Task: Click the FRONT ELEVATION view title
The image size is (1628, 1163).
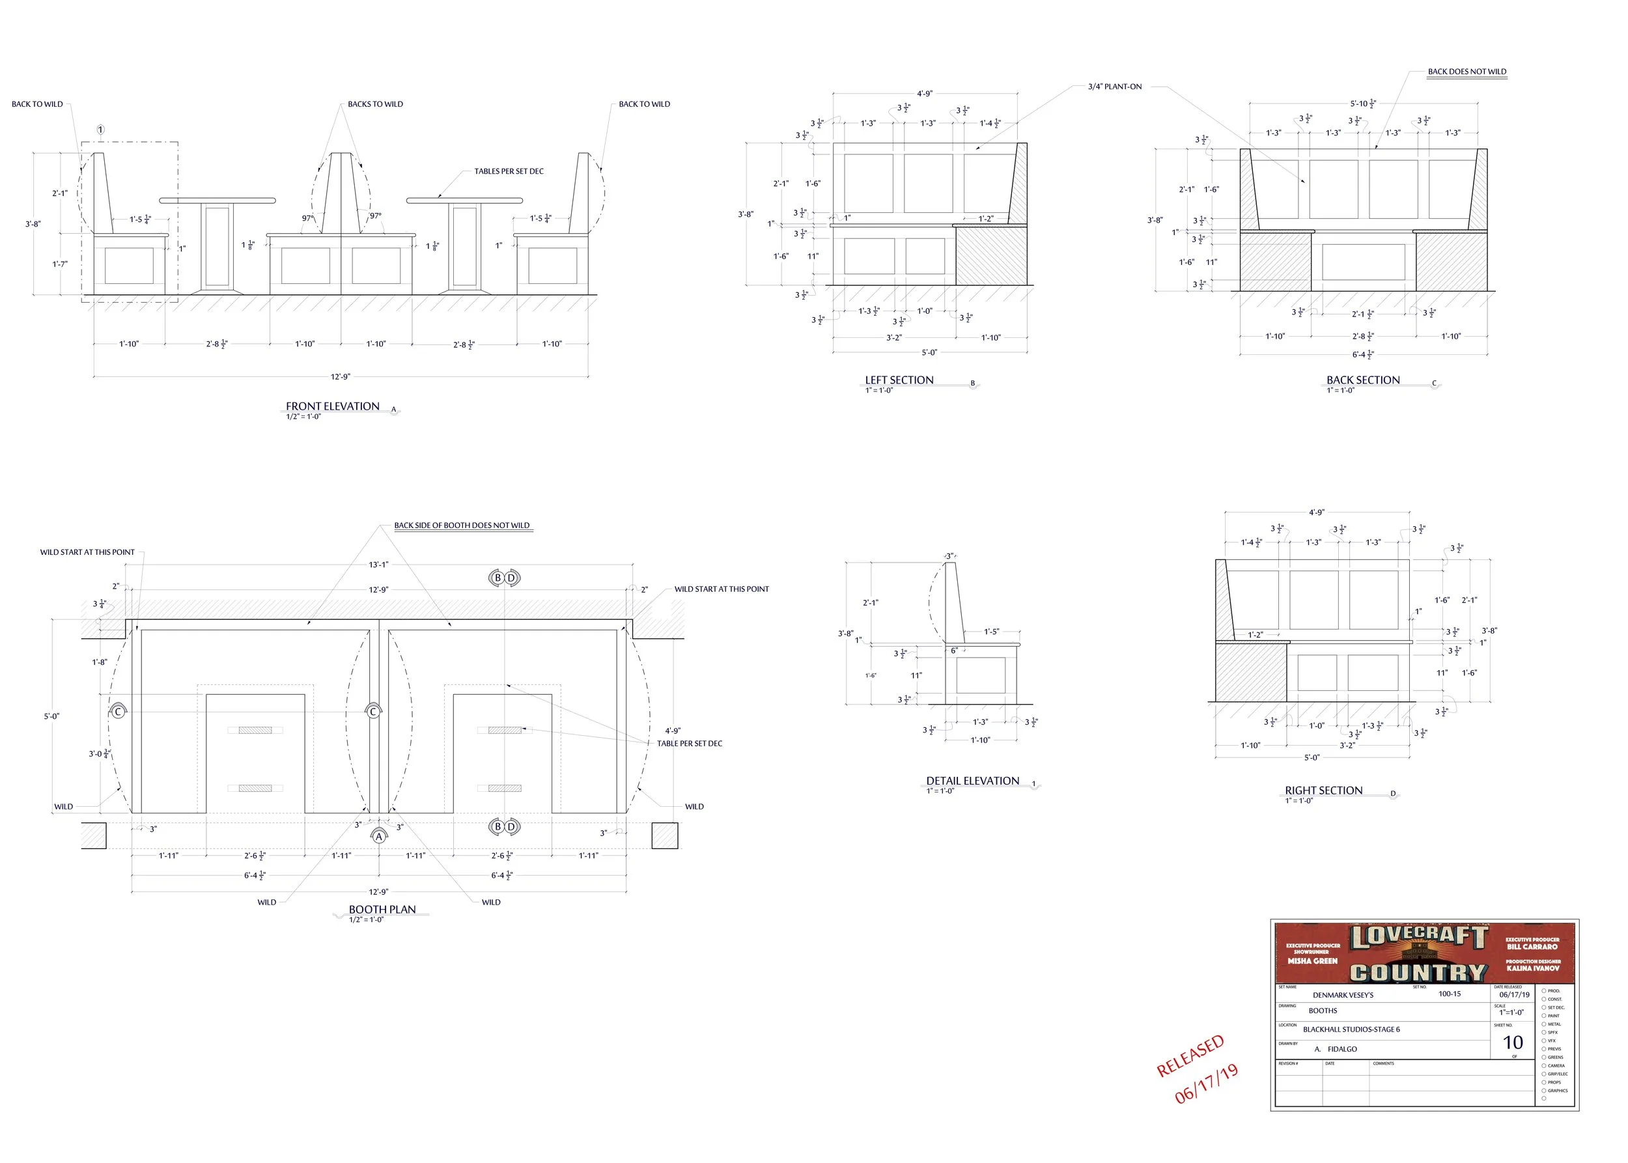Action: (x=332, y=406)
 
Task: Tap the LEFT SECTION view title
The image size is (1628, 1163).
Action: (x=899, y=380)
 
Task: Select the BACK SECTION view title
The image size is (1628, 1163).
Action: (x=1362, y=380)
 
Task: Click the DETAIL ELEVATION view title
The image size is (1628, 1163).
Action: (x=972, y=781)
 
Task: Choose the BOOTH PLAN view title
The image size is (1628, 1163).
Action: (x=382, y=910)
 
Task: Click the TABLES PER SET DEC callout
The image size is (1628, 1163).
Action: (x=509, y=172)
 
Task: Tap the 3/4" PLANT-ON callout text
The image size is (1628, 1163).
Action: (x=1114, y=87)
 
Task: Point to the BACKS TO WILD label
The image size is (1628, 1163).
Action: (x=375, y=105)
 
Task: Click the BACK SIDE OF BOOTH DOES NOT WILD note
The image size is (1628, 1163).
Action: (x=462, y=525)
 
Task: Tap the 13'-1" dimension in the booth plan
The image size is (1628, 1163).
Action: (x=378, y=565)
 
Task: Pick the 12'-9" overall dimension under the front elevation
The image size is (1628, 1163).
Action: (x=340, y=376)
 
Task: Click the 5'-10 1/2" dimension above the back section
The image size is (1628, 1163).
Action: (x=1362, y=104)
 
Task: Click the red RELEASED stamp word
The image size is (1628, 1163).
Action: (x=1190, y=1056)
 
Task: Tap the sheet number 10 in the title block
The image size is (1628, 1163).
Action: (x=1512, y=1042)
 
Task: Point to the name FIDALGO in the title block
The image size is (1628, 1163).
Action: (x=1341, y=1049)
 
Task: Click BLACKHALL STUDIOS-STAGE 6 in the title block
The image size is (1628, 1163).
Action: (x=1351, y=1030)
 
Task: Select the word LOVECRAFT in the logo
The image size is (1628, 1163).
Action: (x=1419, y=938)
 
